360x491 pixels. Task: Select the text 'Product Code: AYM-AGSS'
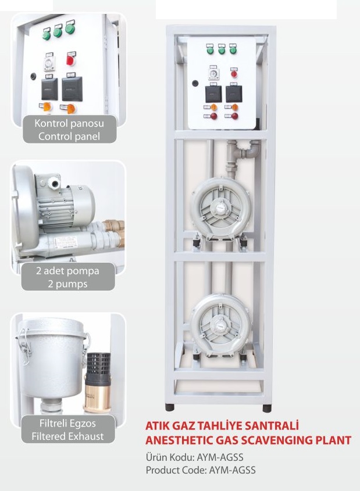201,470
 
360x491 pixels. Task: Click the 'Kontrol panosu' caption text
69,123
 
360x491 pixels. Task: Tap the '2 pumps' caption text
67,284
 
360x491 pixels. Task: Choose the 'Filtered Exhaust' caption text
67,436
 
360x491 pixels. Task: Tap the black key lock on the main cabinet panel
195,84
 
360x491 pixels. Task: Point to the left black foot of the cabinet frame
169,407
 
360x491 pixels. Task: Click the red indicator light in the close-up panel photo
70,59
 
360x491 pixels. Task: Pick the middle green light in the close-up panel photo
58,31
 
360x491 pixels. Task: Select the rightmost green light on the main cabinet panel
233,50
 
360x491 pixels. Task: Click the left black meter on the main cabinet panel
213,94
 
